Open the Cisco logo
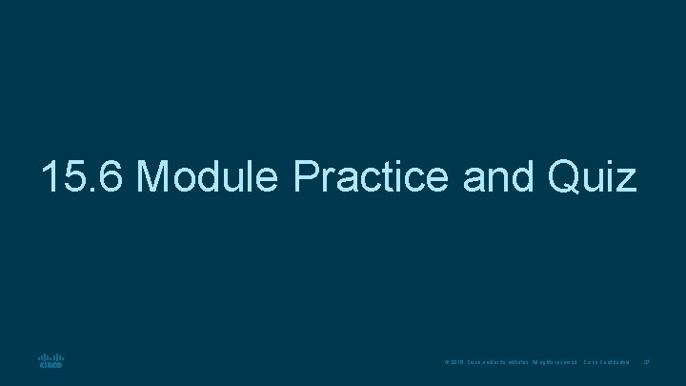(x=50, y=362)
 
